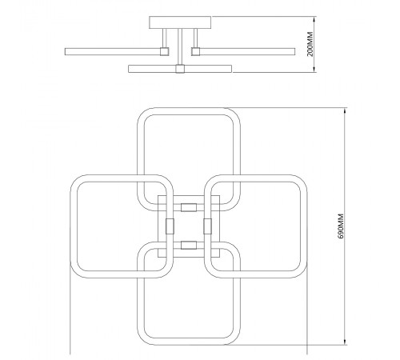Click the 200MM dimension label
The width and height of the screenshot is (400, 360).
[x=310, y=44]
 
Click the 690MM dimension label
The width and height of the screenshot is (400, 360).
[x=341, y=226]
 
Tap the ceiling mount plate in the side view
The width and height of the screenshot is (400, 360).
[x=180, y=22]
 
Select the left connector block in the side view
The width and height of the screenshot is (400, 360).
[x=164, y=51]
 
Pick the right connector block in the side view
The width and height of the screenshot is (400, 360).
[x=195, y=51]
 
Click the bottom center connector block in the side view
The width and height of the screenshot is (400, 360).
[x=180, y=69]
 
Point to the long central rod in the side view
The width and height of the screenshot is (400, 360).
[x=180, y=46]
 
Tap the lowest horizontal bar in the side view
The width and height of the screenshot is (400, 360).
[x=180, y=69]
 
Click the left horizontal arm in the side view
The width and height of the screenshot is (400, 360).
[x=113, y=51]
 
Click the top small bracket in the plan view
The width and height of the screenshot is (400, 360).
[x=189, y=207]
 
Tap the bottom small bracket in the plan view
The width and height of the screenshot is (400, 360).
[x=189, y=246]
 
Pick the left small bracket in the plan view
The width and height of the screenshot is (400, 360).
[x=170, y=226]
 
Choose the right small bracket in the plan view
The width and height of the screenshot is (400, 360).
[x=208, y=226]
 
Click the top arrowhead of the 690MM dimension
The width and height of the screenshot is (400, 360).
[x=346, y=110]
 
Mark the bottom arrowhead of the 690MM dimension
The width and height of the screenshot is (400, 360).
[x=346, y=342]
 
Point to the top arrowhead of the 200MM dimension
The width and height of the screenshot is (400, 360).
[x=315, y=19]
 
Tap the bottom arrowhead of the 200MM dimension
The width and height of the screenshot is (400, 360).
[x=315, y=69]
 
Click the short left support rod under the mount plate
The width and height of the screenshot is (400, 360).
[x=164, y=38]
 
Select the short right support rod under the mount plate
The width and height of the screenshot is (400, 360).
[x=195, y=38]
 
